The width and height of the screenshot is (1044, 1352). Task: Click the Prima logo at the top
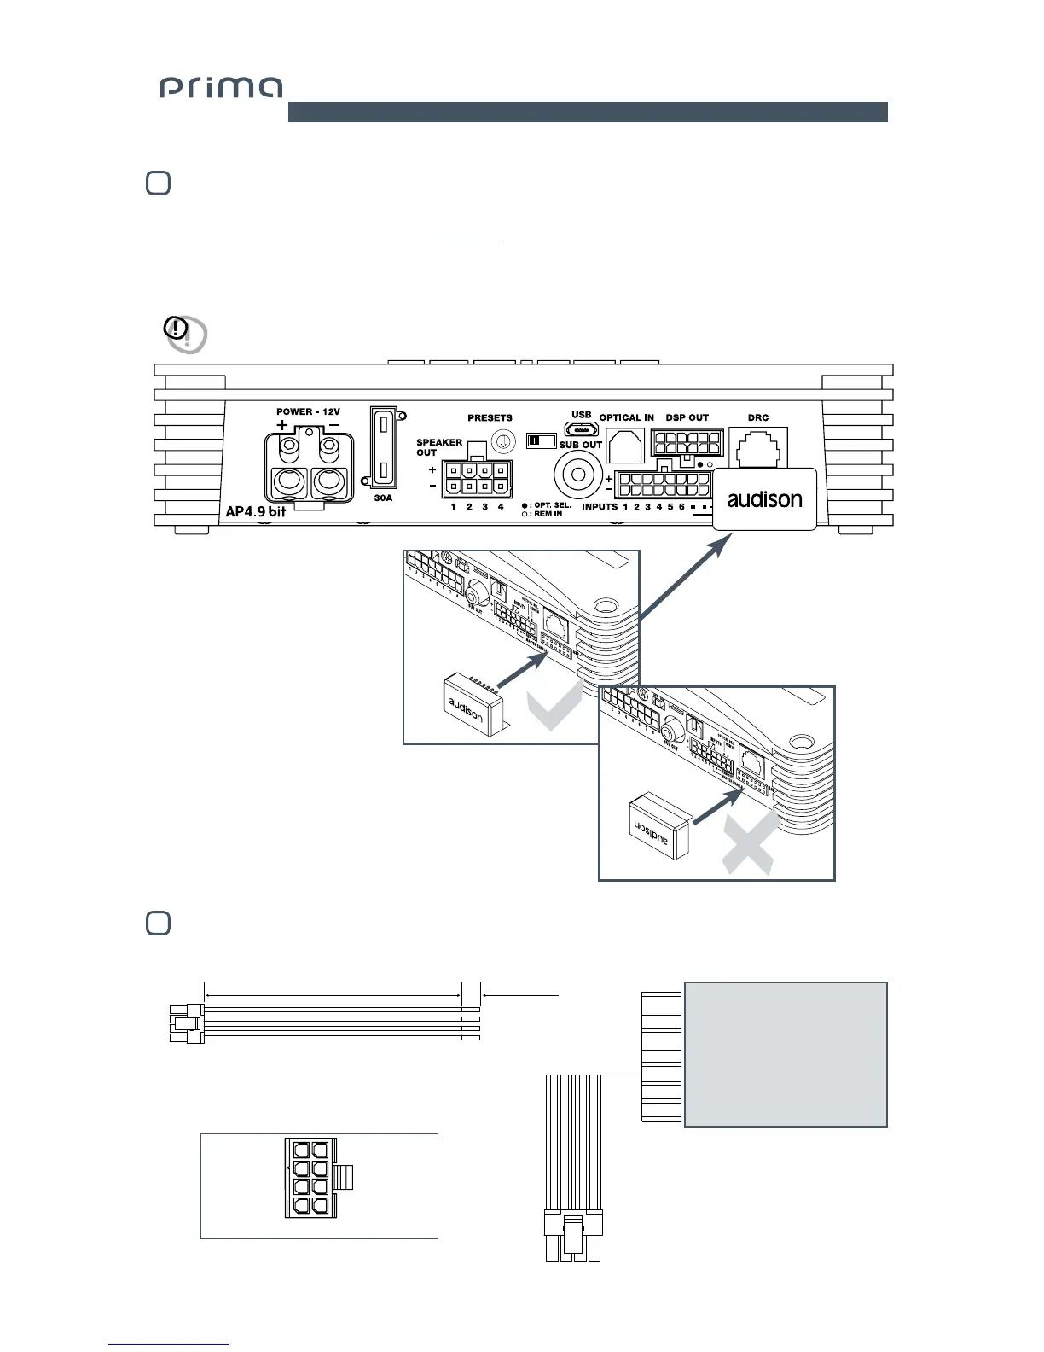[220, 88]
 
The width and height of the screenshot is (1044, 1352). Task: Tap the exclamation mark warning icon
[177, 328]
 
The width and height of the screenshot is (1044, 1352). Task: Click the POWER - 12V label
[308, 411]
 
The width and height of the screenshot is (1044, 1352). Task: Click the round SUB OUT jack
[579, 472]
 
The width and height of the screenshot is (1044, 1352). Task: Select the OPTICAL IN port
[625, 445]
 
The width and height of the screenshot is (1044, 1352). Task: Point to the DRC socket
[757, 446]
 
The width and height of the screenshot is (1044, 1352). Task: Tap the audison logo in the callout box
[764, 499]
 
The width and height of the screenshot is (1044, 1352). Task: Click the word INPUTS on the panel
[600, 507]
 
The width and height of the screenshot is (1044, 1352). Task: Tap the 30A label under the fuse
[383, 498]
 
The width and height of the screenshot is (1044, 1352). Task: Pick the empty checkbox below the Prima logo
[158, 184]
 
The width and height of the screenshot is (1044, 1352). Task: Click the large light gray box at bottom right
[786, 1054]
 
